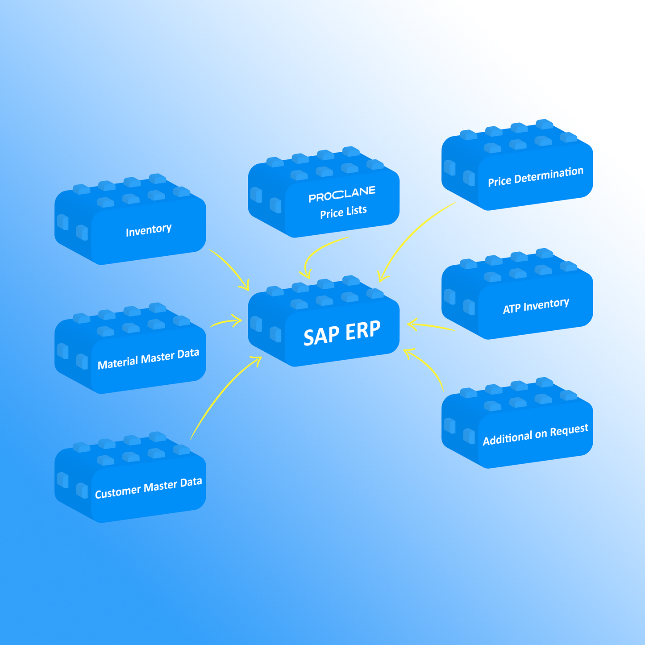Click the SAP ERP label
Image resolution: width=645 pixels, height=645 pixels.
tap(342, 333)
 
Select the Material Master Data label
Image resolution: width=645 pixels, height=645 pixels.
tap(148, 359)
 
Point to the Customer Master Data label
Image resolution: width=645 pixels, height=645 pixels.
tap(148, 487)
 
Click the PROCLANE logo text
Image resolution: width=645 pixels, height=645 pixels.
tap(342, 194)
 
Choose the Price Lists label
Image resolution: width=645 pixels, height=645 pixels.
tap(343, 212)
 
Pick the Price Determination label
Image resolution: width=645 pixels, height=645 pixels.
tap(535, 176)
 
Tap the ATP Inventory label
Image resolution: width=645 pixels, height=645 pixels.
tap(536, 306)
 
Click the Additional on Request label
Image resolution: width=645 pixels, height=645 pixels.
tap(535, 434)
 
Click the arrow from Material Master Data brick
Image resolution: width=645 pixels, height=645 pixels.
tap(225, 321)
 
